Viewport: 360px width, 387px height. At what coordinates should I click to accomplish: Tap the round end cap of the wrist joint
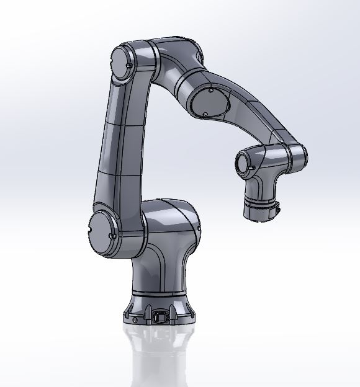(243, 163)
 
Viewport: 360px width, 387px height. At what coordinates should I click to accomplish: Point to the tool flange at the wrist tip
(261, 210)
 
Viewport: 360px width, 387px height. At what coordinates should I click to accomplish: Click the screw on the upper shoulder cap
(128, 64)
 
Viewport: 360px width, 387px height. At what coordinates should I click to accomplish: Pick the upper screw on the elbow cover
(211, 91)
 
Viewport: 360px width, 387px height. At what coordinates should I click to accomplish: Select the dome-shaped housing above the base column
(171, 223)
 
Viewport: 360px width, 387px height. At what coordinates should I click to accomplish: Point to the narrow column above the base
(159, 270)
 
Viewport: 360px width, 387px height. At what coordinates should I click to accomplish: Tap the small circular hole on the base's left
(134, 316)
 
